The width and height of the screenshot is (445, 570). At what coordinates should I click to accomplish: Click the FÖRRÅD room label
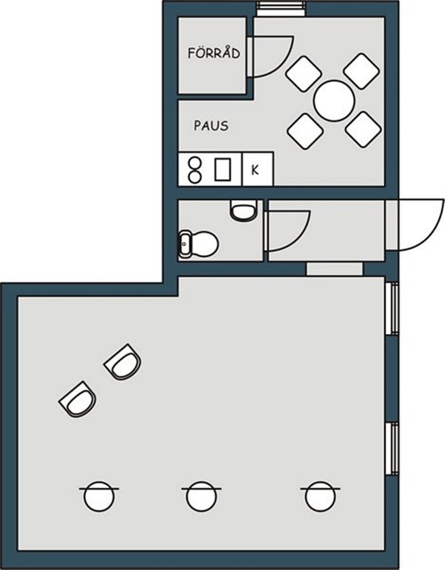pyautogui.click(x=214, y=53)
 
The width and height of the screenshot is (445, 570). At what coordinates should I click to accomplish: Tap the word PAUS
pyautogui.click(x=211, y=126)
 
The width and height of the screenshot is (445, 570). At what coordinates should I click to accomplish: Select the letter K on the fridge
pyautogui.click(x=255, y=170)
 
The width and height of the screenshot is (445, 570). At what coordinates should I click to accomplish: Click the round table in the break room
pyautogui.click(x=334, y=101)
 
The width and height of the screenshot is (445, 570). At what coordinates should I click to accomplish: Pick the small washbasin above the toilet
pyautogui.click(x=243, y=210)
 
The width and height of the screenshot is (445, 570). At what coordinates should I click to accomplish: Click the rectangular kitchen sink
pyautogui.click(x=222, y=169)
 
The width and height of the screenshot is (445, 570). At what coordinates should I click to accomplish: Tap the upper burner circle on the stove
pyautogui.click(x=195, y=163)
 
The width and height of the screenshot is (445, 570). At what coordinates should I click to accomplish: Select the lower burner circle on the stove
pyautogui.click(x=195, y=177)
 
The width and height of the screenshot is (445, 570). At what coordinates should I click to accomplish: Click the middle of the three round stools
pyautogui.click(x=201, y=496)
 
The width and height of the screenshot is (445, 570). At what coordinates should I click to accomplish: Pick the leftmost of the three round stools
pyautogui.click(x=99, y=496)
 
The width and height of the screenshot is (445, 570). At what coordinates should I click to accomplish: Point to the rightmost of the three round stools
pyautogui.click(x=320, y=496)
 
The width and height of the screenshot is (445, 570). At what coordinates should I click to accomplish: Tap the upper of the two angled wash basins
pyautogui.click(x=123, y=362)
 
